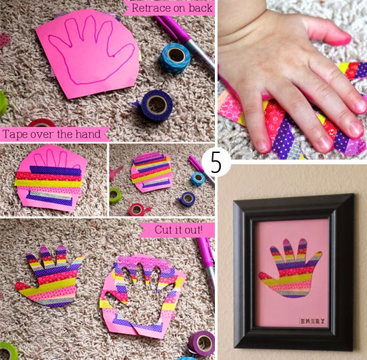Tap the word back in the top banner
pos(201,8)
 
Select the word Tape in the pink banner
pos(13,134)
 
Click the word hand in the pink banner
pos(88,134)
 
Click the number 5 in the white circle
pos(216,162)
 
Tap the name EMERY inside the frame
pos(312,321)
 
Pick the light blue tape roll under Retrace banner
pos(175,57)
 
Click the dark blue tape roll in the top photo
pos(156,106)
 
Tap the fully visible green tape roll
pos(115,195)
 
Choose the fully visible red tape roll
pos(137,209)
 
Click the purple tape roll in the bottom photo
pos(202,343)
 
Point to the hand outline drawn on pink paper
pos(90,50)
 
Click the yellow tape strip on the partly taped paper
pos(48,184)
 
